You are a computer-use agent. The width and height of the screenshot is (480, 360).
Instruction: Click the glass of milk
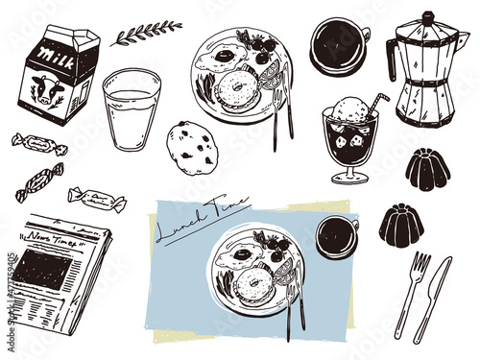131,108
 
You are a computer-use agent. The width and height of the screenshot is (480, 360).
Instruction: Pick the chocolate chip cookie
192,147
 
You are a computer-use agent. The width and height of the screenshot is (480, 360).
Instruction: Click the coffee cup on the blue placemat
335,236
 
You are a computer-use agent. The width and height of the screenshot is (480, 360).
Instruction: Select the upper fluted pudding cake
426,170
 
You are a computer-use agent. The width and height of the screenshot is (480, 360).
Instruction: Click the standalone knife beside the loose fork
433,298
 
